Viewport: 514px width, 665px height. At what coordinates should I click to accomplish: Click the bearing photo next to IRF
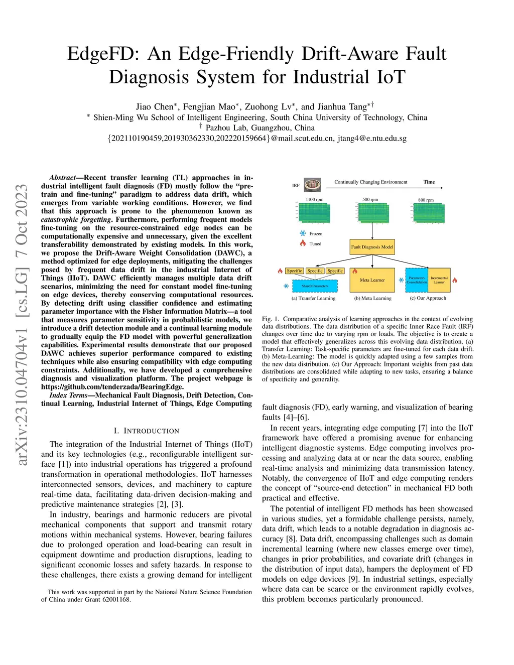pyautogui.click(x=312, y=185)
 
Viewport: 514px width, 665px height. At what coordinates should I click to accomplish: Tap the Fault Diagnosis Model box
pyautogui.click(x=372, y=247)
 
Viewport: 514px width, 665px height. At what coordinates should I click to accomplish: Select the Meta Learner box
pyautogui.click(x=372, y=280)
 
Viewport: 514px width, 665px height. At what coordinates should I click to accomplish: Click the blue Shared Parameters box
pyautogui.click(x=315, y=286)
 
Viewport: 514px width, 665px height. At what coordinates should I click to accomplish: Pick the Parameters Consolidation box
pyautogui.click(x=417, y=280)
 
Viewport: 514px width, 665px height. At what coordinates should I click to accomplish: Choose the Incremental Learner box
pyautogui.click(x=439, y=280)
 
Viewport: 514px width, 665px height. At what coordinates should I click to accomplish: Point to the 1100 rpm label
pyautogui.click(x=315, y=200)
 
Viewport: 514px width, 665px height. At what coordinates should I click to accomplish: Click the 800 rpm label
pyautogui.click(x=426, y=200)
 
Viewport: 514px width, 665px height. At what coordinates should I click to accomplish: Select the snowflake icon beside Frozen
pyautogui.click(x=303, y=233)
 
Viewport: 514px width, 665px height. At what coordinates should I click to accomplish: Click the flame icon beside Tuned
pyautogui.click(x=303, y=243)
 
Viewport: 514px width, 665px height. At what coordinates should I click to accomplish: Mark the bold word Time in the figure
pyautogui.click(x=429, y=182)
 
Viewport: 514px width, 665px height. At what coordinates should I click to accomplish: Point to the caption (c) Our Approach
pyautogui.click(x=428, y=298)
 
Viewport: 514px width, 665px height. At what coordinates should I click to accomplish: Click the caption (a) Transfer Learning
pyautogui.click(x=314, y=298)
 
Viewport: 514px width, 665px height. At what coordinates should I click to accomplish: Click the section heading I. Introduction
pyautogui.click(x=147, y=431)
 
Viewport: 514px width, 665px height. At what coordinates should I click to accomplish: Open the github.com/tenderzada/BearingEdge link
pyautogui.click(x=112, y=387)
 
